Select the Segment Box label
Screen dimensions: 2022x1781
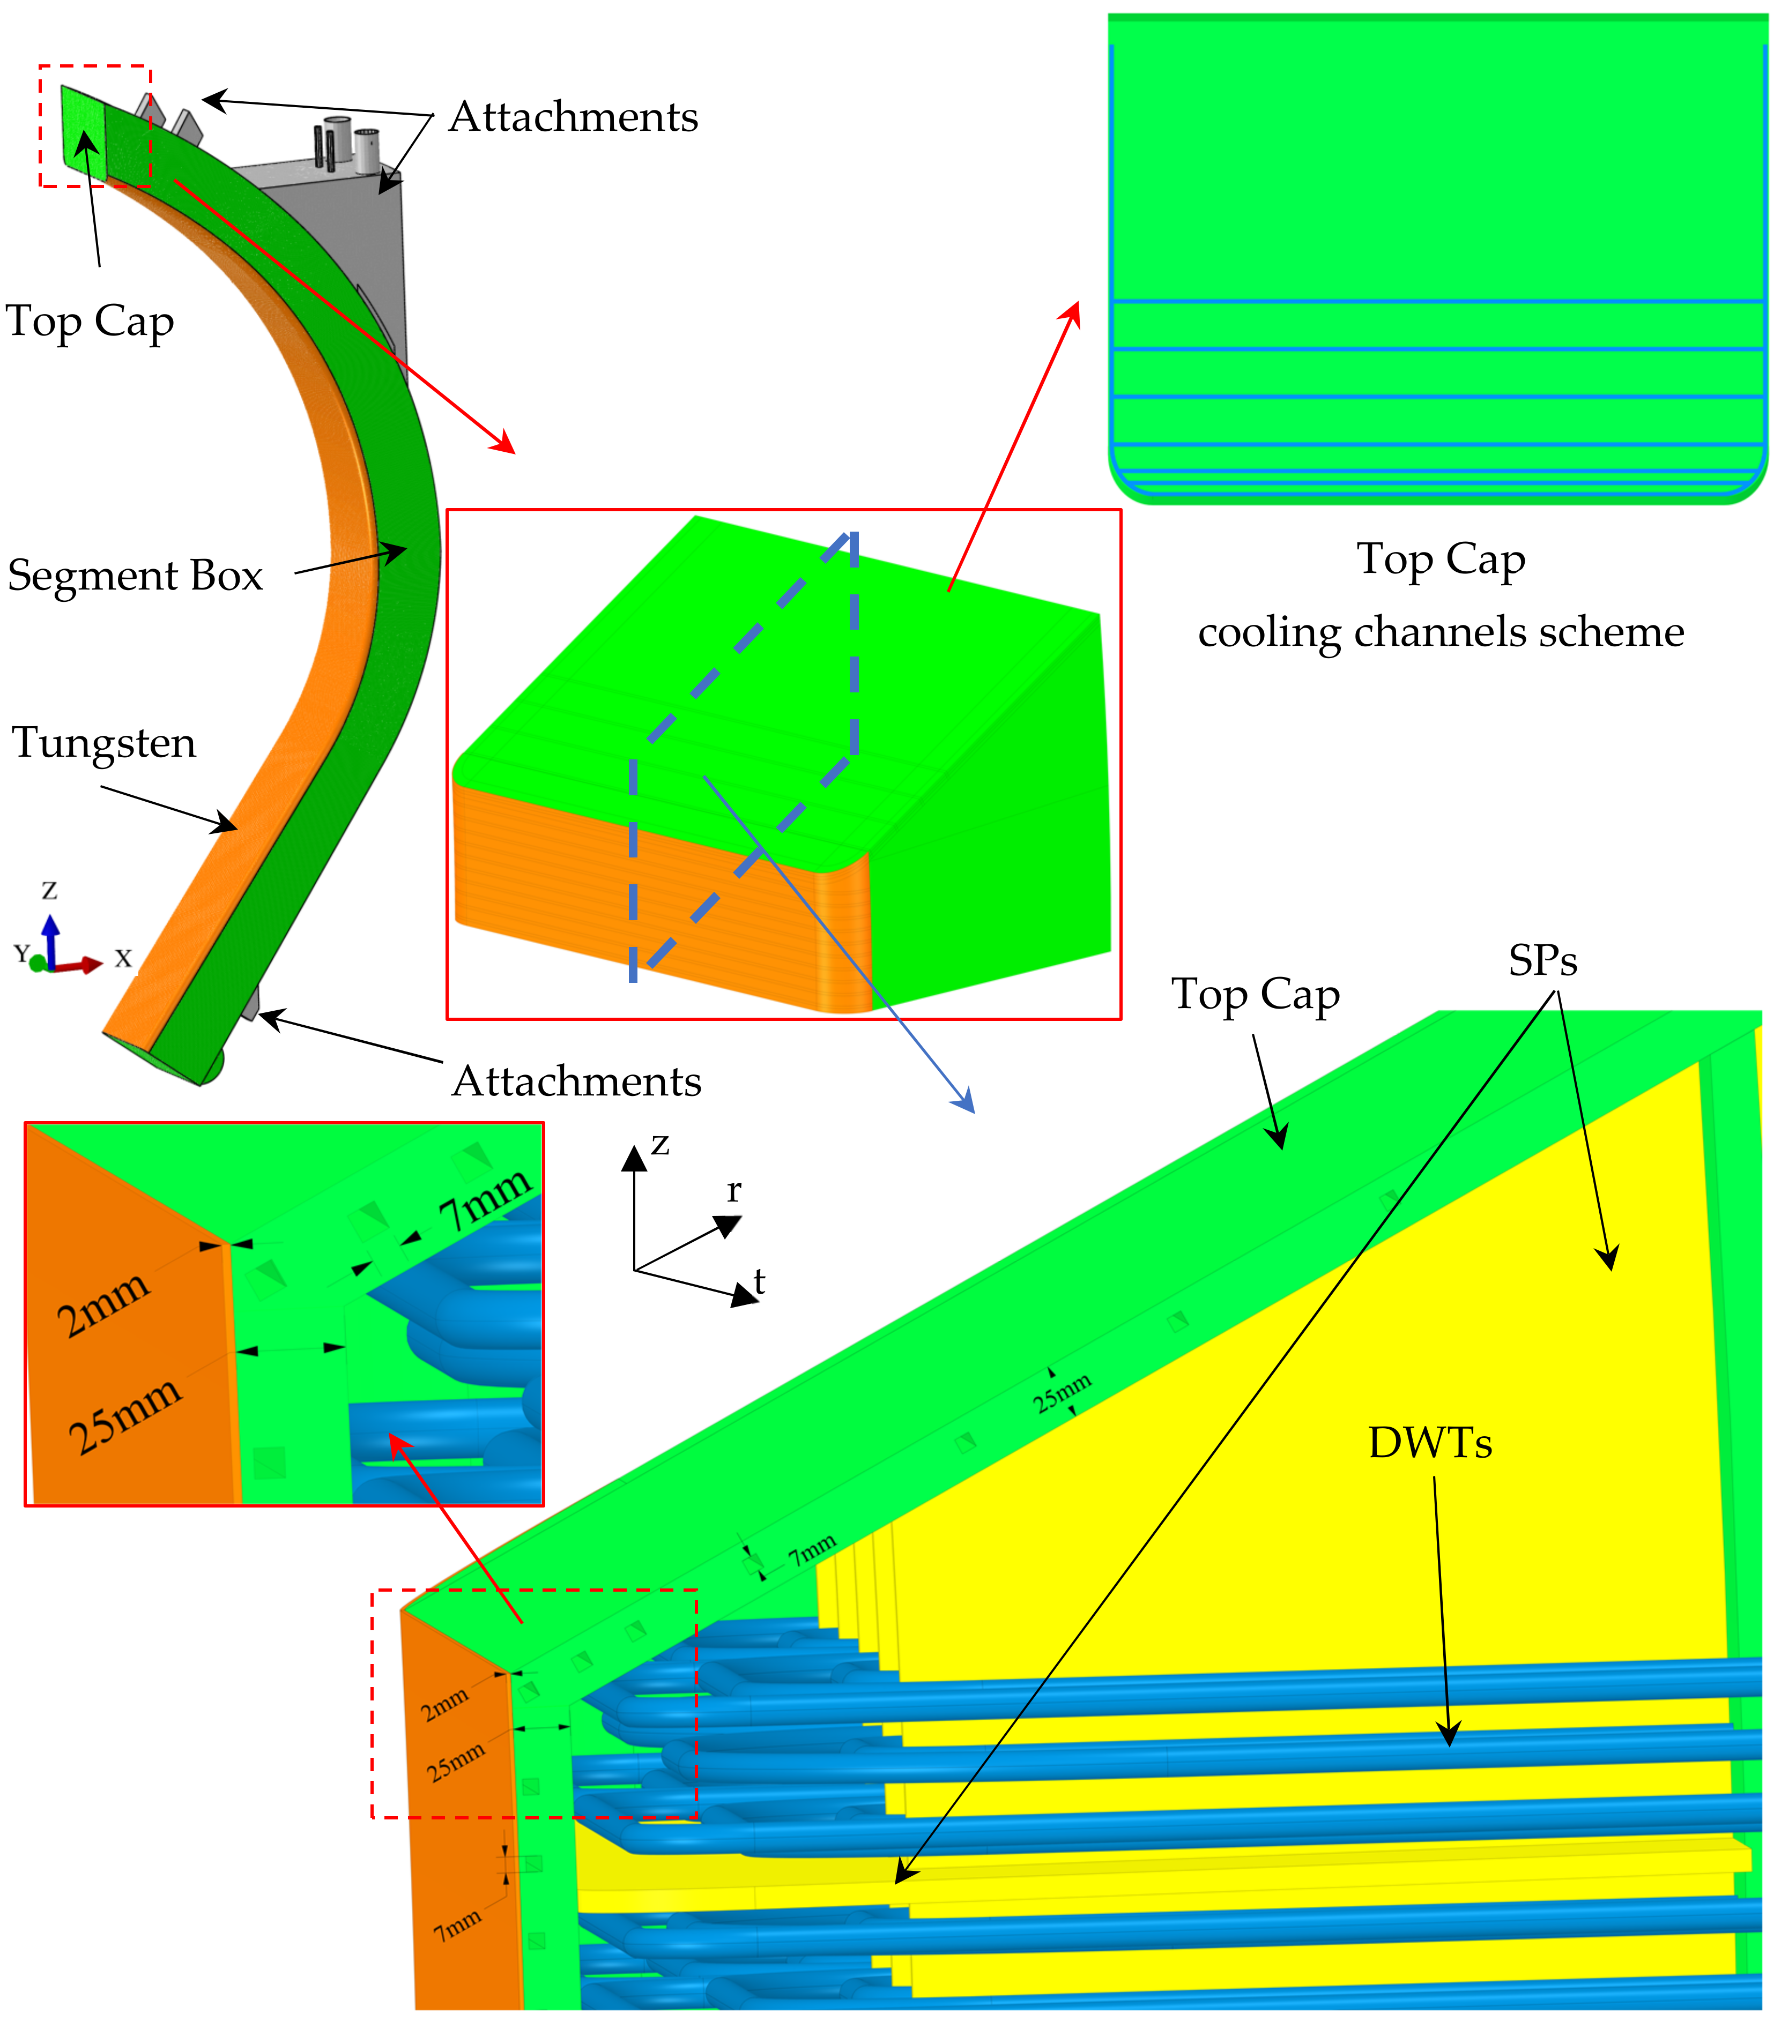point(136,576)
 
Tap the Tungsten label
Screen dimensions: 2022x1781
point(104,743)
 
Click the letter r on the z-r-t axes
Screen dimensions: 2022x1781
point(733,1191)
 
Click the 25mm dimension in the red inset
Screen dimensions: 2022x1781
point(125,1415)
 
